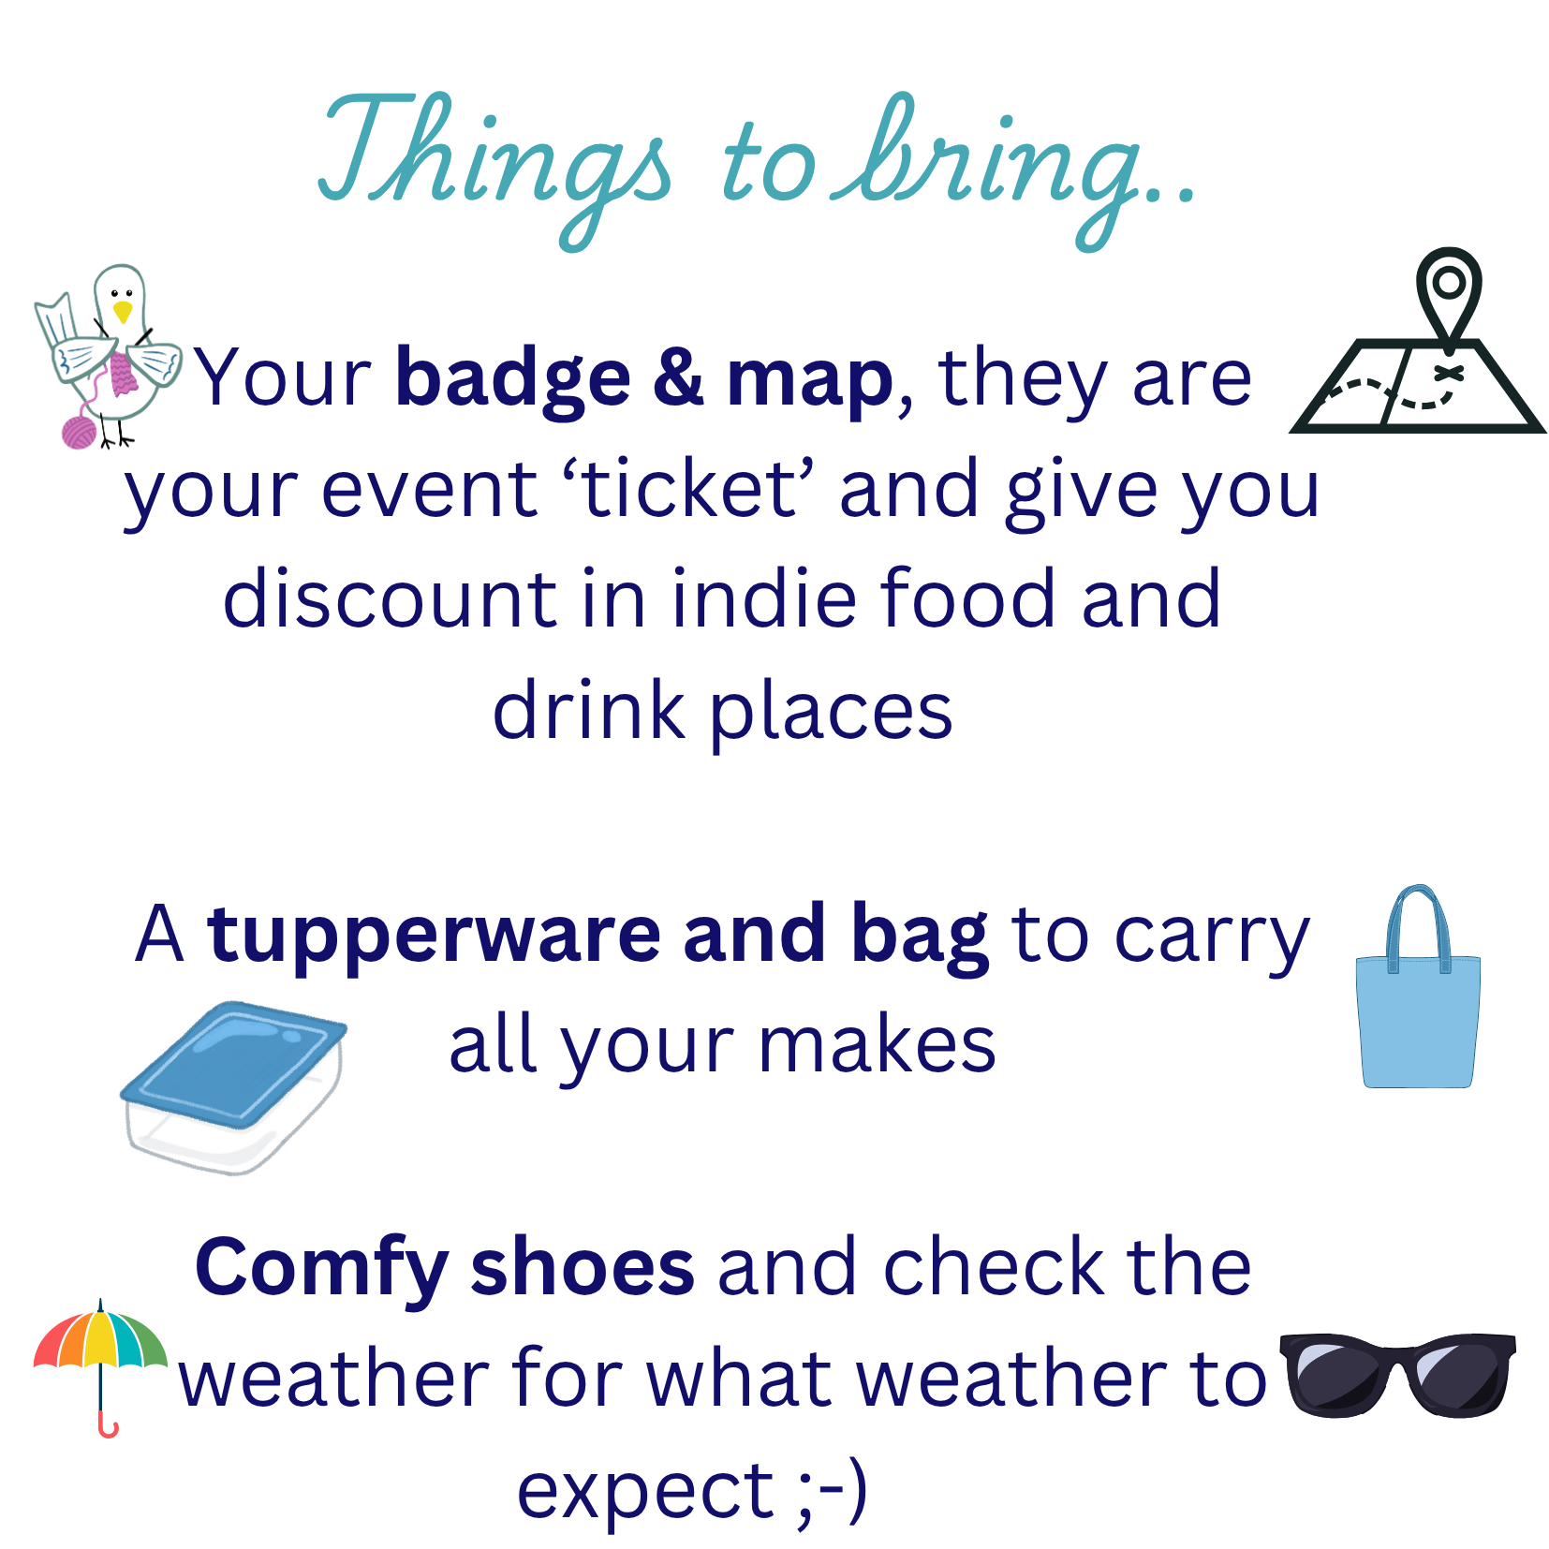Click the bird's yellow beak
(123, 312)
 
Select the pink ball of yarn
(79, 432)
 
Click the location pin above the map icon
(1448, 286)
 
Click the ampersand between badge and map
(678, 377)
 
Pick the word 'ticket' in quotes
(689, 489)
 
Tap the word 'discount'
(390, 599)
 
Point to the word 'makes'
(877, 1045)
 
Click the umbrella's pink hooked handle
(107, 1425)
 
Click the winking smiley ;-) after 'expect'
(832, 1490)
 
